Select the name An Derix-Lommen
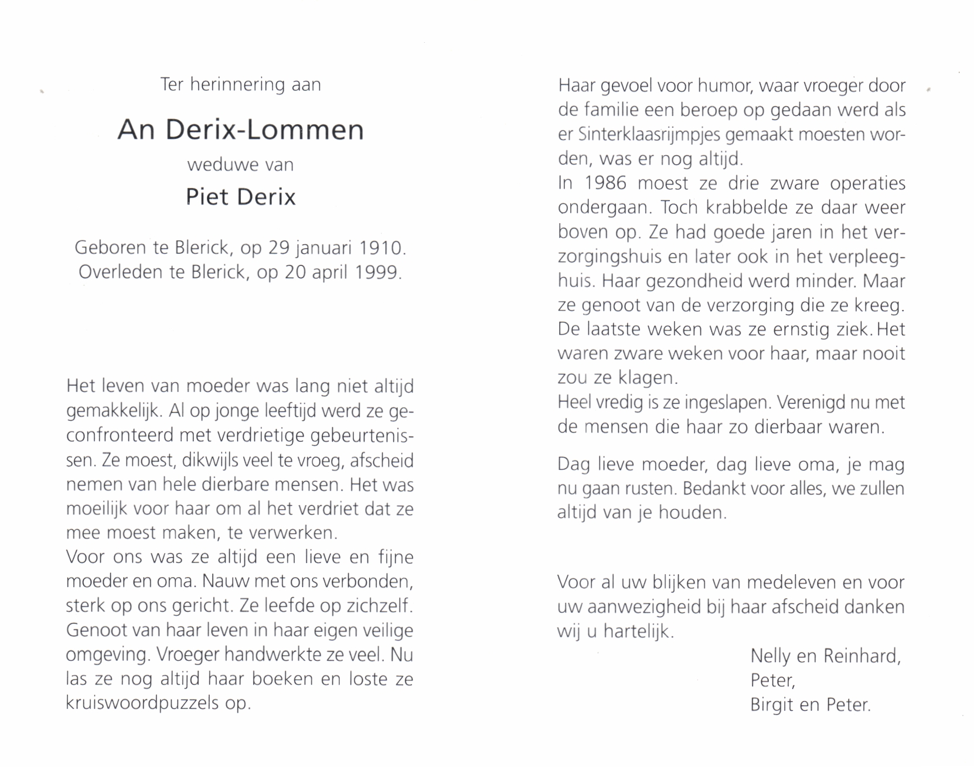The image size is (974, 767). (x=240, y=129)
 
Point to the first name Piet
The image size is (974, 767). (x=206, y=197)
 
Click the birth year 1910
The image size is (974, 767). (x=382, y=248)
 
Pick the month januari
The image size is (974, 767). (x=324, y=249)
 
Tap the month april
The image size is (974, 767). (x=326, y=273)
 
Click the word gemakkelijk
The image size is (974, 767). (x=114, y=411)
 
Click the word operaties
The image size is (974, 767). (x=867, y=183)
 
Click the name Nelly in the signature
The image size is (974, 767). (x=770, y=656)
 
